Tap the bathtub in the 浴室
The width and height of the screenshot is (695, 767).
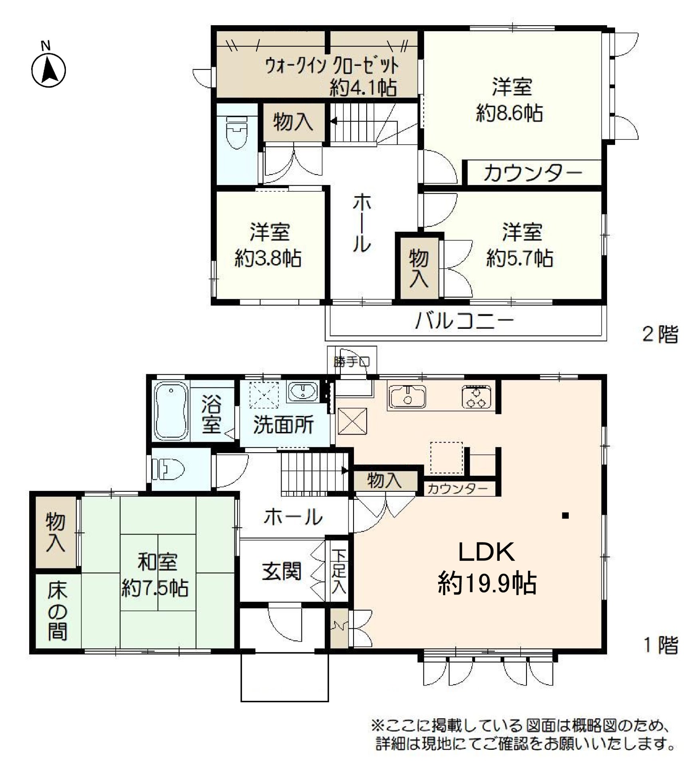pos(171,411)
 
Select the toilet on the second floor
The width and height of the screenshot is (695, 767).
pos(237,132)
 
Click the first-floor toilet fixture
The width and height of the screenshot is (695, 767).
pos(171,469)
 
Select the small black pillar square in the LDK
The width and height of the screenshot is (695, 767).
pos(565,516)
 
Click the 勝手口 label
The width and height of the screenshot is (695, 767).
pos(351,362)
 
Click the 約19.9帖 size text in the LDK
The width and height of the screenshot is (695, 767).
pos(487,584)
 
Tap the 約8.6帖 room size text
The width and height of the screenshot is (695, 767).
pos(509,113)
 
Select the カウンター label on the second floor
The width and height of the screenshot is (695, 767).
pos(532,174)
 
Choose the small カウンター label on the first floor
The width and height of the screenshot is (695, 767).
pos(457,489)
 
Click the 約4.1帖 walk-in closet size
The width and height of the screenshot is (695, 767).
pos(363,87)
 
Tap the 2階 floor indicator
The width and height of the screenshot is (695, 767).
pos(660,335)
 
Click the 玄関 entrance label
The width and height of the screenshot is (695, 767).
pos(282,571)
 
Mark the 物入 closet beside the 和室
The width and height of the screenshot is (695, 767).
pos(56,533)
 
